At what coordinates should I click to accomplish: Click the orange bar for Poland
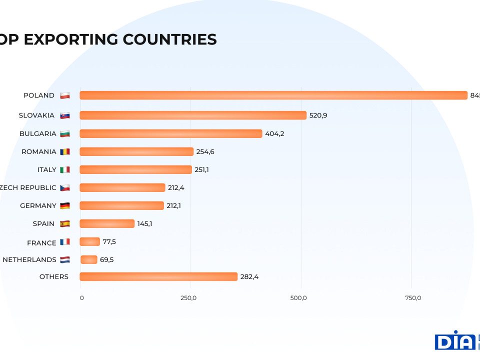273,95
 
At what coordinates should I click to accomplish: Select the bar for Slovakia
193,115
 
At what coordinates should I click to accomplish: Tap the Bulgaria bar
170,133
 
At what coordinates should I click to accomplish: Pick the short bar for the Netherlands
89,259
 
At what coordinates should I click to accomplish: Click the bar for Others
158,276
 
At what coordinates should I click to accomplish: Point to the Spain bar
107,223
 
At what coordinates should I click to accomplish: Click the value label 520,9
318,115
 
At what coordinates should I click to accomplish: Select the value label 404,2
274,133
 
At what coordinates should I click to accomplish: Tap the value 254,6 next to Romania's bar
205,151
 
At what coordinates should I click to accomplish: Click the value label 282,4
249,276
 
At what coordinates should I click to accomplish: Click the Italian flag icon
65,169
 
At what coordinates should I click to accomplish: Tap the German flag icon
65,205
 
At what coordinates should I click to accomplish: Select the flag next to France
65,242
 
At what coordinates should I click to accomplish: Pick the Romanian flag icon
65,151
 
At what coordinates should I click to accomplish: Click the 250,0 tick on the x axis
188,298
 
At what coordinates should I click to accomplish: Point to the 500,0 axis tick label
298,298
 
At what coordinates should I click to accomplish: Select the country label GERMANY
38,205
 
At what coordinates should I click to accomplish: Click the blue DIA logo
454,341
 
